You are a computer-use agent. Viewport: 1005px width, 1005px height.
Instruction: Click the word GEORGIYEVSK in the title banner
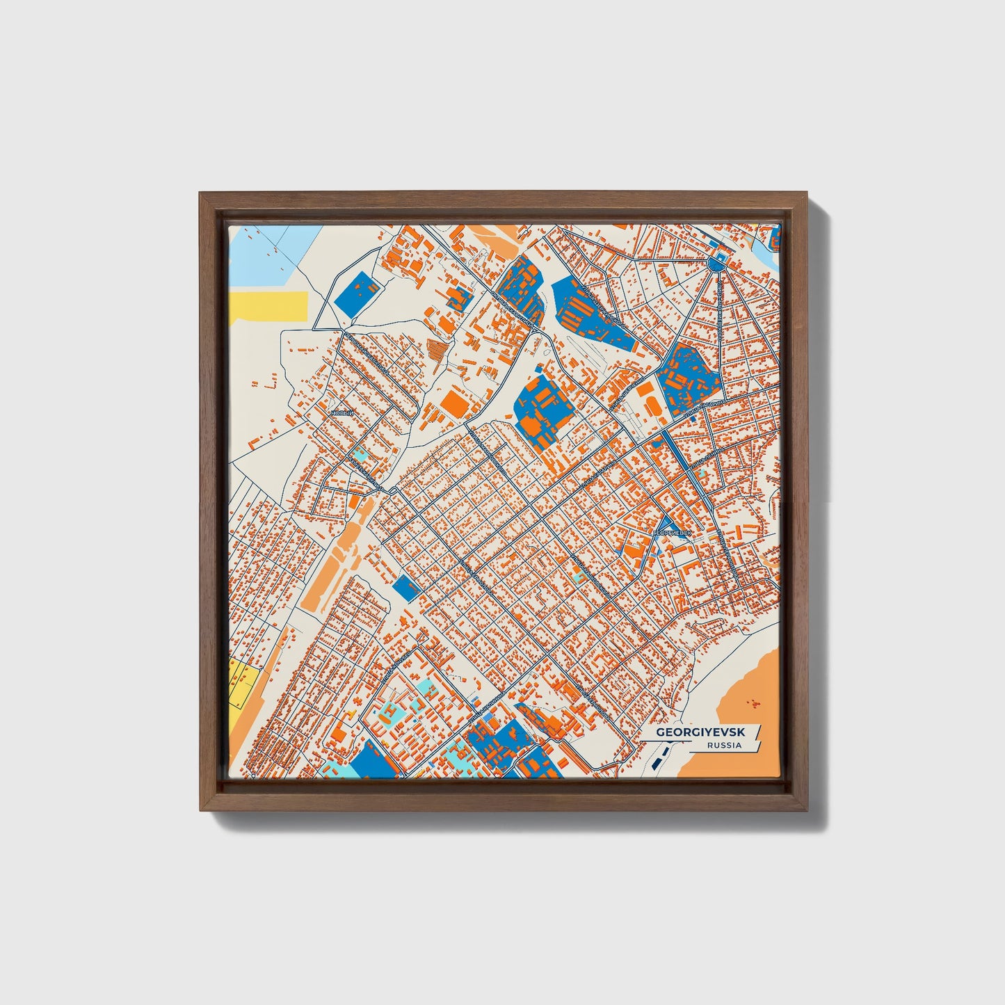point(700,732)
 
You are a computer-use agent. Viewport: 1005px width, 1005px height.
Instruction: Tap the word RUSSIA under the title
point(723,746)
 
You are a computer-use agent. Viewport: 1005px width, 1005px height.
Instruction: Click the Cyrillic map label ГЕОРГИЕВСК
point(673,533)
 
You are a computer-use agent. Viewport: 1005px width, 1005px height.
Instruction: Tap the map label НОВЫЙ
point(341,412)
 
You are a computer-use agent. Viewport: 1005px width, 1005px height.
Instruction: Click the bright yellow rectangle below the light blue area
point(268,306)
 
